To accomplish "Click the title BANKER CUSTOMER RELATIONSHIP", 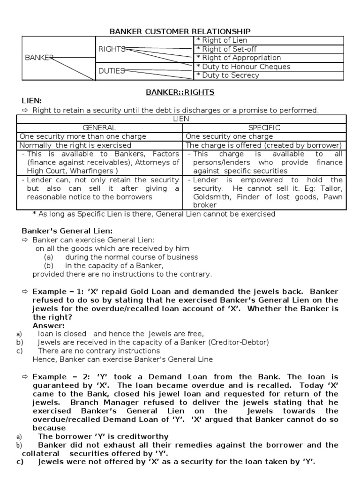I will (180, 31).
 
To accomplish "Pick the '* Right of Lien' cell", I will (222, 40).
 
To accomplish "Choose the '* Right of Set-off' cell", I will (226, 49).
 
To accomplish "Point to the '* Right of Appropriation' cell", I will (239, 58).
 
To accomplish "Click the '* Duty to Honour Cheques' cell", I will (243, 67).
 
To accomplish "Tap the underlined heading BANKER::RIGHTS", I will (180, 92).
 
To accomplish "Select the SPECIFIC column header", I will (264, 127).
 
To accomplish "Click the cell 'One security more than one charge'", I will (83, 136).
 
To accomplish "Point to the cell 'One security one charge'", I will (230, 136).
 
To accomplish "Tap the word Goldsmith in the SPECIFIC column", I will (210, 197).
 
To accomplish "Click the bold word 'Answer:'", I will (49, 325).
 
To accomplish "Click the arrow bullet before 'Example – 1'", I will (25, 292).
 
